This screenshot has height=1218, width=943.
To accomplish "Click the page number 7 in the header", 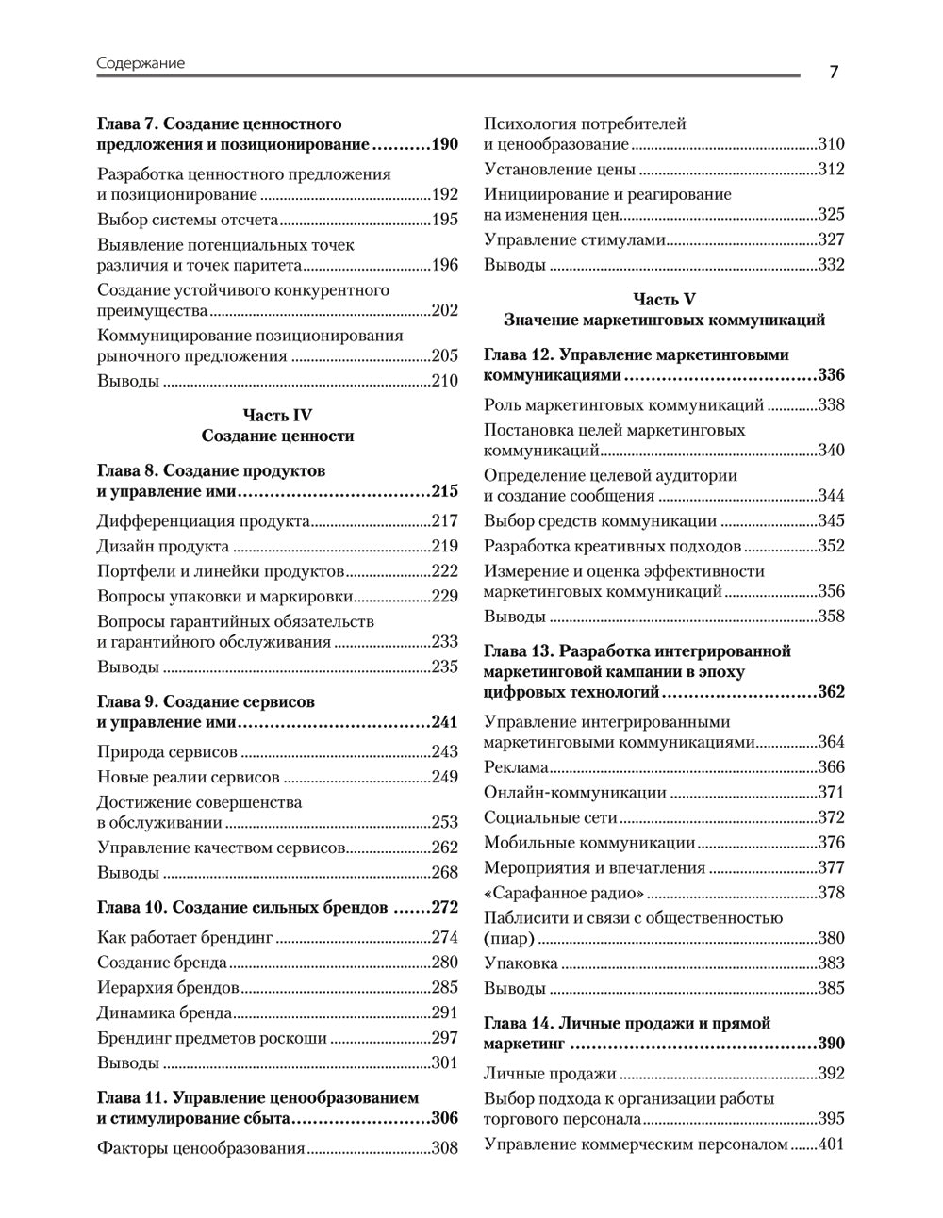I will tap(834, 73).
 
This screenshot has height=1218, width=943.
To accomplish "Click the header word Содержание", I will tap(141, 63).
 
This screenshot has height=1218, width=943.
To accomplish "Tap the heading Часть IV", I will tap(277, 416).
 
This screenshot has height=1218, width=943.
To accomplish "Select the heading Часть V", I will tap(664, 299).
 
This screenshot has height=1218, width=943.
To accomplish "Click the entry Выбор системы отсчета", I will tap(188, 220).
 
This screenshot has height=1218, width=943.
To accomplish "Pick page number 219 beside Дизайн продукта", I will tap(444, 546).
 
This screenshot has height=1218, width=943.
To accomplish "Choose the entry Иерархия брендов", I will tap(168, 988).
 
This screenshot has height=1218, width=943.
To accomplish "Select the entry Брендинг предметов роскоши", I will tap(212, 1038).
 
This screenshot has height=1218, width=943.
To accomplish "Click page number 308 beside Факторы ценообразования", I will tap(444, 1148).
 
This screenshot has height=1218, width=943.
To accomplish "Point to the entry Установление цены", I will tap(559, 170).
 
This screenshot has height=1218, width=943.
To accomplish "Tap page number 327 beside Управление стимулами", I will tap(831, 239).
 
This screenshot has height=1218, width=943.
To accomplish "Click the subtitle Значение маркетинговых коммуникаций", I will tap(664, 321).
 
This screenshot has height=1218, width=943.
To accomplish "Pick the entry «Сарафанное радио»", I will tap(564, 893).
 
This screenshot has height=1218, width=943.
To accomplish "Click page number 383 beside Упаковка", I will tap(831, 963).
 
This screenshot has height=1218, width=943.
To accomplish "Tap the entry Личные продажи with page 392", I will tap(550, 1073).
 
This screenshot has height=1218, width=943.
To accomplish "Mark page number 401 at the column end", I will tap(831, 1144).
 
